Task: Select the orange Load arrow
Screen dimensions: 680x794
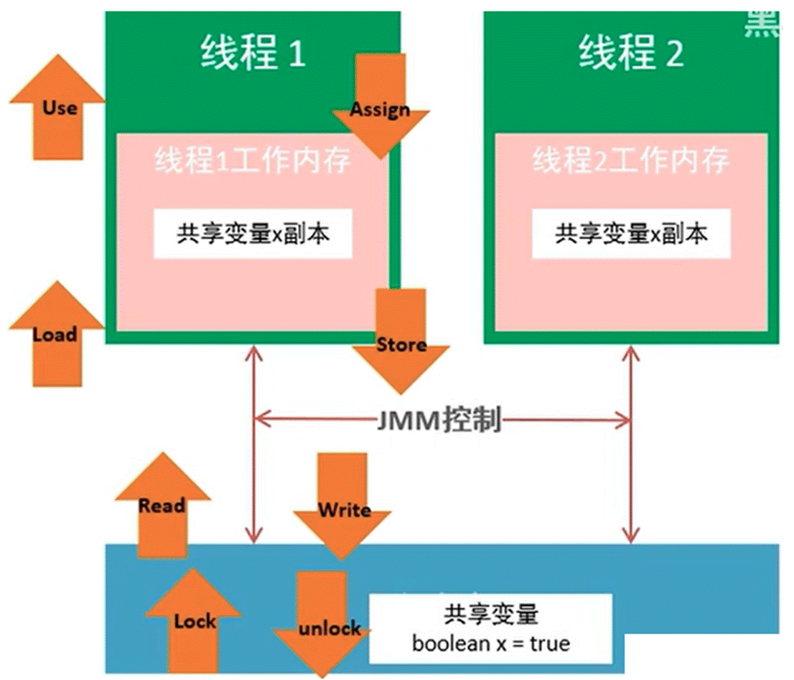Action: (x=56, y=334)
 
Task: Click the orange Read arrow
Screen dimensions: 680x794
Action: (x=162, y=506)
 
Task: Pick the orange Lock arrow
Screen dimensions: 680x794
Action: (x=194, y=621)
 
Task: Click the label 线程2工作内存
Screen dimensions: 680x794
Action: (x=631, y=162)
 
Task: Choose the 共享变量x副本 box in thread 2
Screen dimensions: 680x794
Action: (x=631, y=234)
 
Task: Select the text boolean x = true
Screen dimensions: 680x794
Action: (x=491, y=643)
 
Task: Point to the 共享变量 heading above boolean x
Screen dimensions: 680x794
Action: (x=491, y=615)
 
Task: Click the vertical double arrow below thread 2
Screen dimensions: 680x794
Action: (x=631, y=445)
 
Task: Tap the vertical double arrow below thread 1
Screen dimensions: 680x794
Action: (x=253, y=445)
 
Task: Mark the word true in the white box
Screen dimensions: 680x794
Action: (x=550, y=643)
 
